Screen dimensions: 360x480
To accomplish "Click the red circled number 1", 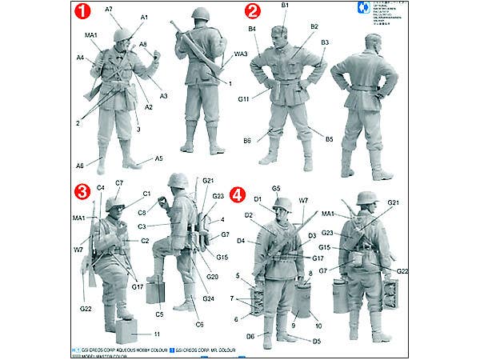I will [81, 14].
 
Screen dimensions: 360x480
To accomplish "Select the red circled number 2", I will [253, 11].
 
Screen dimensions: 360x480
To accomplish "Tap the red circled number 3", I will [81, 192].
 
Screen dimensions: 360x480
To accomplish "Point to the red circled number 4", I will [237, 194].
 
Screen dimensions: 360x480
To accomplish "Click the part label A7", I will [110, 9].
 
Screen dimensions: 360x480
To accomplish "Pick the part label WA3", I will [240, 54].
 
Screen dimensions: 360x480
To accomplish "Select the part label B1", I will [285, 6].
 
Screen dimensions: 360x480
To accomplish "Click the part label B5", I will [329, 139].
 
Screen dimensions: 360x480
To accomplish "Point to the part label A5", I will [158, 158].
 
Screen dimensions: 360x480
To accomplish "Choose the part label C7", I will [119, 183].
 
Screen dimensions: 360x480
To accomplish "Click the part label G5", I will [276, 188].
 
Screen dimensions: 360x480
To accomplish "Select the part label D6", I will [250, 336].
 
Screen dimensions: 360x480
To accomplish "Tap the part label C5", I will [159, 304].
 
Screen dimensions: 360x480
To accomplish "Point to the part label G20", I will [212, 276].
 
